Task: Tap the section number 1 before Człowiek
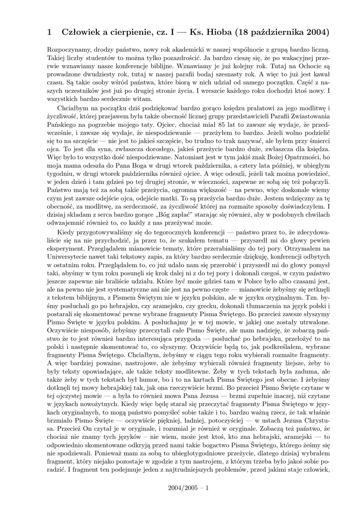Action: [49, 33]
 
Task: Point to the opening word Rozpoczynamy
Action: [68, 50]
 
